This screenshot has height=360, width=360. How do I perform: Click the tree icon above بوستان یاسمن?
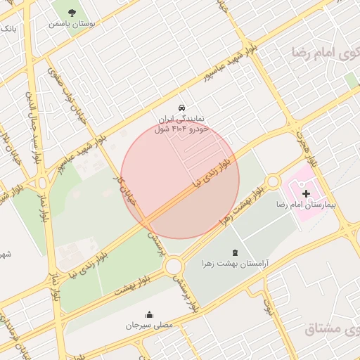[x=73, y=11]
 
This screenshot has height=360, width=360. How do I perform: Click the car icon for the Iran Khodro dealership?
[x=182, y=108]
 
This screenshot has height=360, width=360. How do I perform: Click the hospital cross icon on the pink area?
[x=306, y=193]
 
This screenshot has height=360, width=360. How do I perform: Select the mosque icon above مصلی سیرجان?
[x=148, y=314]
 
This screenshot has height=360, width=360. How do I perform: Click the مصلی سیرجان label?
[x=148, y=326]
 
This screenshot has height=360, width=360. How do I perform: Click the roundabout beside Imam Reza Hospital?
[x=273, y=182]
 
